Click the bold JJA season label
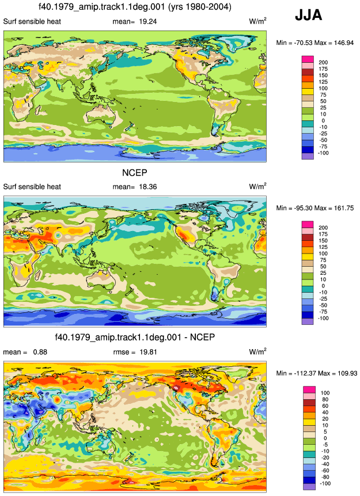coord(308,15)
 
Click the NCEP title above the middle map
coord(135,173)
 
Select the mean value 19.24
coord(147,21)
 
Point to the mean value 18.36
coord(147,187)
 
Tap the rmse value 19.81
coord(148,352)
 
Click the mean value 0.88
coord(40,352)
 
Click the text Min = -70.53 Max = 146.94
coord(314,43)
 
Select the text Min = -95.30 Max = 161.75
coord(314,208)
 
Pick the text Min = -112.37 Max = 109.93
coord(317,373)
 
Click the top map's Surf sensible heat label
coord(32,21)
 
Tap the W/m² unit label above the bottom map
coord(257,351)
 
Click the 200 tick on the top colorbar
coord(323,63)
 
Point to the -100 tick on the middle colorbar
coord(323,318)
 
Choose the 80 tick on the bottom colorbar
coord(325,400)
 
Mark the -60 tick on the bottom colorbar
coord(324,471)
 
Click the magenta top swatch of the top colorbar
coord(308,59)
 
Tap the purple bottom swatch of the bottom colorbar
coord(309,487)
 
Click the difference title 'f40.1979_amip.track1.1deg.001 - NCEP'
coord(135,338)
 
